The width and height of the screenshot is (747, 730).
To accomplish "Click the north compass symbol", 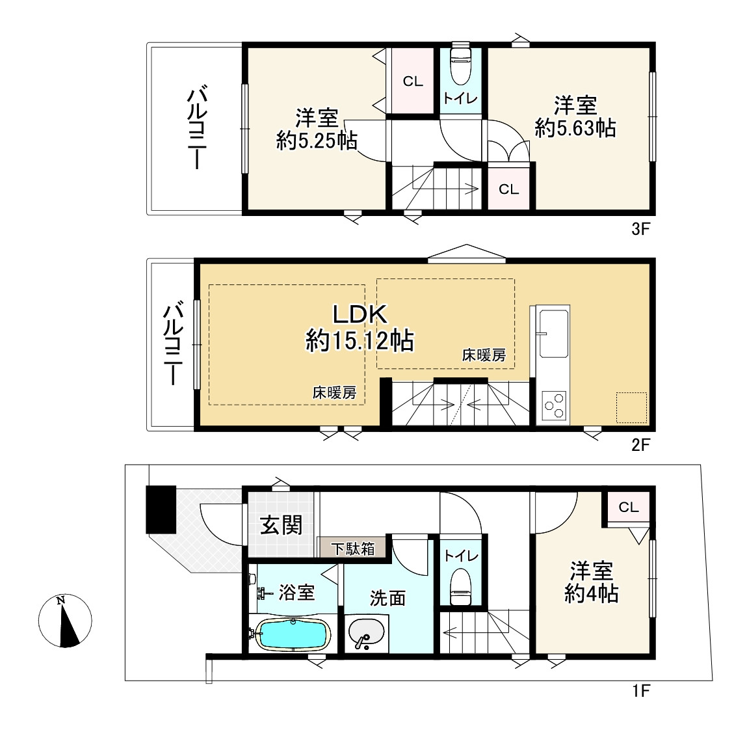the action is (x=65, y=621).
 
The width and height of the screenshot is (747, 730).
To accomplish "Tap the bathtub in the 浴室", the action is (x=293, y=635).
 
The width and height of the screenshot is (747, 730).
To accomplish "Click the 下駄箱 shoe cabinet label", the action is (x=354, y=548).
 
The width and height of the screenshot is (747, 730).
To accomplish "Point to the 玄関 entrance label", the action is (x=281, y=525).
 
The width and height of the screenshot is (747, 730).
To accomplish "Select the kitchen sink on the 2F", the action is (x=553, y=333).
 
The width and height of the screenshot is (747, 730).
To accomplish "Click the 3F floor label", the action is (x=641, y=230).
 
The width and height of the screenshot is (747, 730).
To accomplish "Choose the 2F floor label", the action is (x=641, y=445).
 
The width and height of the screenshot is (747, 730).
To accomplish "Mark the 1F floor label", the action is (x=641, y=690).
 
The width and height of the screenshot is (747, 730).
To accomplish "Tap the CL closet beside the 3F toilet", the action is (x=413, y=81).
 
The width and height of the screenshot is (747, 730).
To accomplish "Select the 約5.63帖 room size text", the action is (x=575, y=128).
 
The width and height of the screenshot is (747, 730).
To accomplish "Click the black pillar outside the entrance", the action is (x=161, y=509).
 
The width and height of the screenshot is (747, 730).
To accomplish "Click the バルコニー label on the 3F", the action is (x=196, y=128).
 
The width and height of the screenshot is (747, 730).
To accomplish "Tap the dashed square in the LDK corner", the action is (x=631, y=407).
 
